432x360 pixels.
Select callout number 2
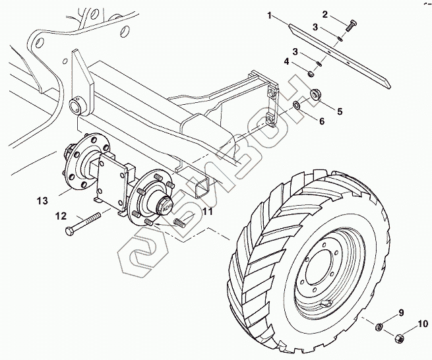(x=325, y=13)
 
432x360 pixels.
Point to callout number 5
(x=340, y=111)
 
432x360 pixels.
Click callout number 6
(x=321, y=121)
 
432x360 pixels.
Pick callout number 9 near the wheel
(x=400, y=312)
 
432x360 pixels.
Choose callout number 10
(x=423, y=324)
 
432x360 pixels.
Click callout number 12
(x=60, y=216)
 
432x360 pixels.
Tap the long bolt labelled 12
(x=82, y=222)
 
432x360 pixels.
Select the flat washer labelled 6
(x=297, y=105)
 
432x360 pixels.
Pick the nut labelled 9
(x=380, y=326)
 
